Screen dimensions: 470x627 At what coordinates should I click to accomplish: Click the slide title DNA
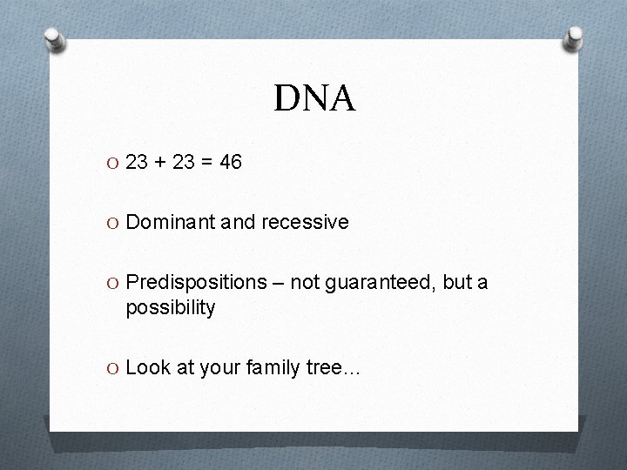click(x=314, y=98)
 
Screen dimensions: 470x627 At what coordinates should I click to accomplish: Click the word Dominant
click(x=166, y=222)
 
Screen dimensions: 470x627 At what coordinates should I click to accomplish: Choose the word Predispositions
click(x=196, y=283)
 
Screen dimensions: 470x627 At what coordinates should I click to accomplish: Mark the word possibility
click(x=170, y=307)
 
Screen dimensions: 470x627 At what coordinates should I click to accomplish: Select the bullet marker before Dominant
click(x=115, y=223)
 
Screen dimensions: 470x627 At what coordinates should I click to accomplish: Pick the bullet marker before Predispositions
click(x=115, y=284)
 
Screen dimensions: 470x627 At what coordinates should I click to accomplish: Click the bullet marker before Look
click(x=115, y=369)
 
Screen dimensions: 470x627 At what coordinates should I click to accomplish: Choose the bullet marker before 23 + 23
click(x=115, y=163)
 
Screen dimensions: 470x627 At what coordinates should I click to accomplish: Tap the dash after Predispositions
click(x=277, y=284)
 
